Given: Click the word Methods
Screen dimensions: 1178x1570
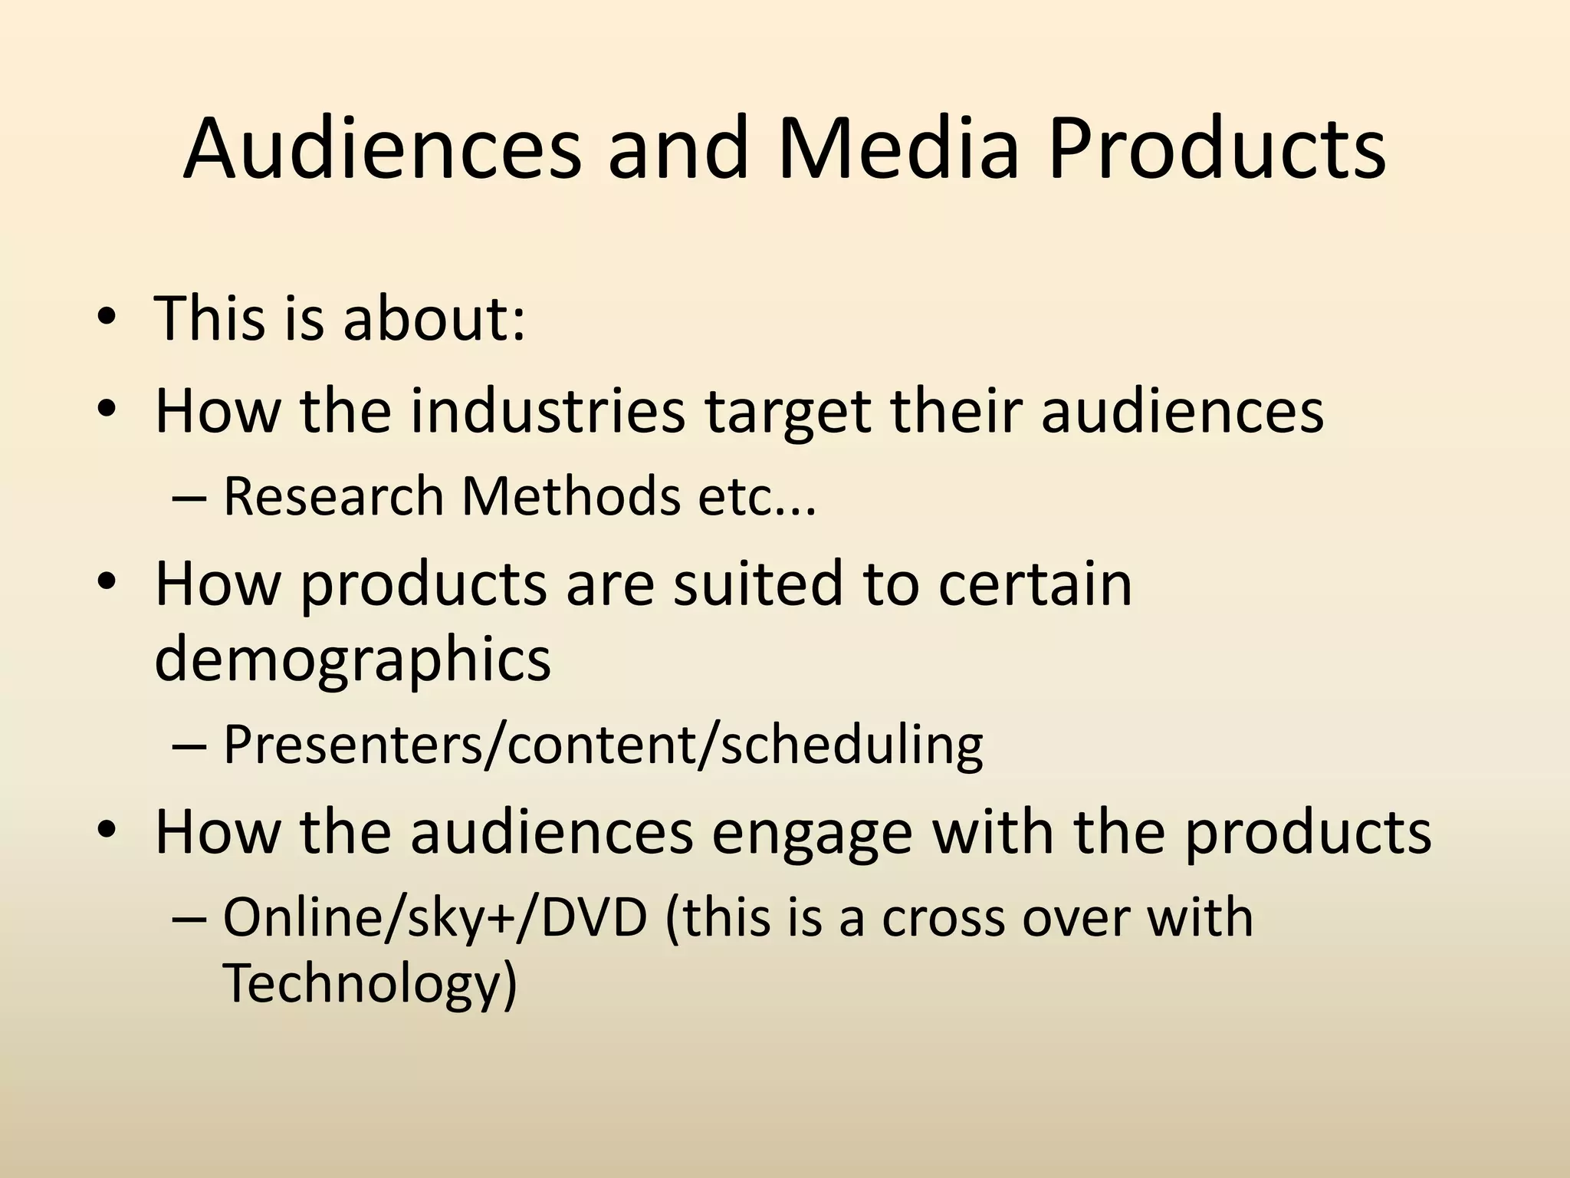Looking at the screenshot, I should (x=571, y=496).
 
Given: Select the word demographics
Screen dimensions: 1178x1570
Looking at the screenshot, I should (x=353, y=660).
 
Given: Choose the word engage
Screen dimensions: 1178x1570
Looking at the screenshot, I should (x=812, y=834).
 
